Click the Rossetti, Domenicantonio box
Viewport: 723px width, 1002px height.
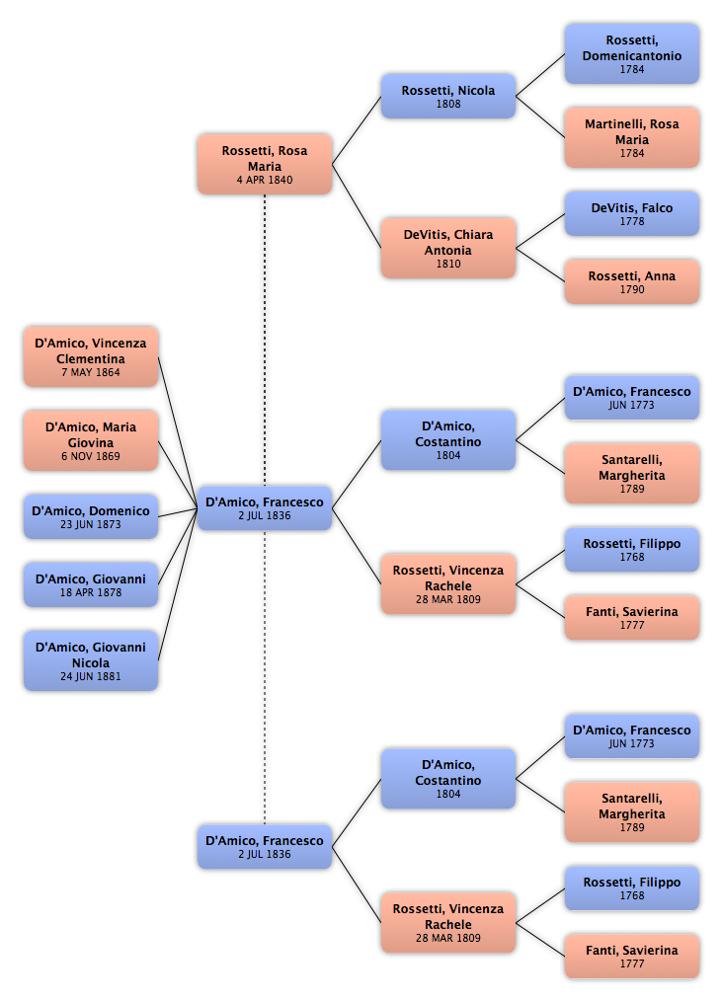point(632,53)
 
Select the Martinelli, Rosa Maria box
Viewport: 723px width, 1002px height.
point(632,137)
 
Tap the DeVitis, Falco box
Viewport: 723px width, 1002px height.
point(632,213)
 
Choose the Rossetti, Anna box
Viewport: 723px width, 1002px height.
point(632,281)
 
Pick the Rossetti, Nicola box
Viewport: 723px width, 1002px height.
point(448,96)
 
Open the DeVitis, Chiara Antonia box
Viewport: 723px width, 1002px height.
point(448,248)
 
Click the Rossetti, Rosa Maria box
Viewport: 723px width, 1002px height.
point(265,164)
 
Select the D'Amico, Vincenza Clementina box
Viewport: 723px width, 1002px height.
point(91,356)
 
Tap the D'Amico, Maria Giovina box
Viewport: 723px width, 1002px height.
point(91,440)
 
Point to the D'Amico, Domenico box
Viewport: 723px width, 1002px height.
point(91,516)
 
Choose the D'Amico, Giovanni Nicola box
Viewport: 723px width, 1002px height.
point(91,660)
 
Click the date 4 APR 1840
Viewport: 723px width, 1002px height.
point(265,181)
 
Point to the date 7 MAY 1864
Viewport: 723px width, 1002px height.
point(91,373)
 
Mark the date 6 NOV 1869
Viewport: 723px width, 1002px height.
point(91,457)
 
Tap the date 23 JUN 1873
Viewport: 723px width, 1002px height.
point(91,525)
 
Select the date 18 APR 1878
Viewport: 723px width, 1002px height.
point(91,593)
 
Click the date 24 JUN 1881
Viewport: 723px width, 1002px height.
point(91,677)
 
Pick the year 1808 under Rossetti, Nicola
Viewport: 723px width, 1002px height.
point(448,105)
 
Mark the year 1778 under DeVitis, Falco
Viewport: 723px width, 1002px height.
point(632,222)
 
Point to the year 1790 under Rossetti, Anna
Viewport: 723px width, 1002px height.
point(632,290)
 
